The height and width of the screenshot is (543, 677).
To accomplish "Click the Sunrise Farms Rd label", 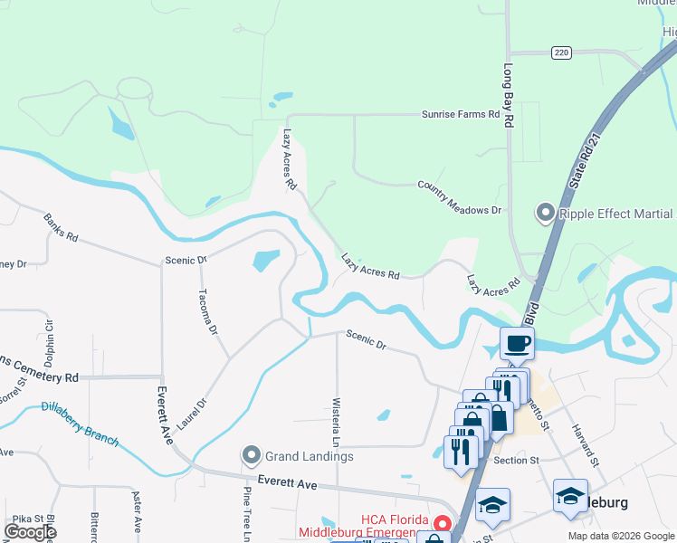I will pyautogui.click(x=461, y=115).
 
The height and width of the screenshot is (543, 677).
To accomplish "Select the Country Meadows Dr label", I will pyautogui.click(x=459, y=196).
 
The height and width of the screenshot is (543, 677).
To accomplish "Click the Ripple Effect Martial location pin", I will pyautogui.click(x=545, y=214).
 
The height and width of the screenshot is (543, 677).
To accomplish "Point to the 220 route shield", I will pyautogui.click(x=563, y=52).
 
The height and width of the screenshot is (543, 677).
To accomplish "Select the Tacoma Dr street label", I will pyautogui.click(x=207, y=311).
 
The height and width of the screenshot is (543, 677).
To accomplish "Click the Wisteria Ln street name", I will pyautogui.click(x=336, y=422).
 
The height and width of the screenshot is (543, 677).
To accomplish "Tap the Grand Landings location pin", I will pyautogui.click(x=252, y=455).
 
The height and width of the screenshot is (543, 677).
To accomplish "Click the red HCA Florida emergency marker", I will pyautogui.click(x=442, y=524).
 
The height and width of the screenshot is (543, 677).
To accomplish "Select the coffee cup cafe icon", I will pyautogui.click(x=517, y=344).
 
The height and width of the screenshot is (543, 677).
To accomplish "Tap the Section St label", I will pyautogui.click(x=517, y=460).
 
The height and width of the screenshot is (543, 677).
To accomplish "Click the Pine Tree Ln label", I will pyautogui.click(x=245, y=514).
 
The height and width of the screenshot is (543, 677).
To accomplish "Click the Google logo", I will pyautogui.click(x=30, y=531).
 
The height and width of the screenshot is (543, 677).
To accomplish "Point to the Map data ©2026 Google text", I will pyautogui.click(x=620, y=536).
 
